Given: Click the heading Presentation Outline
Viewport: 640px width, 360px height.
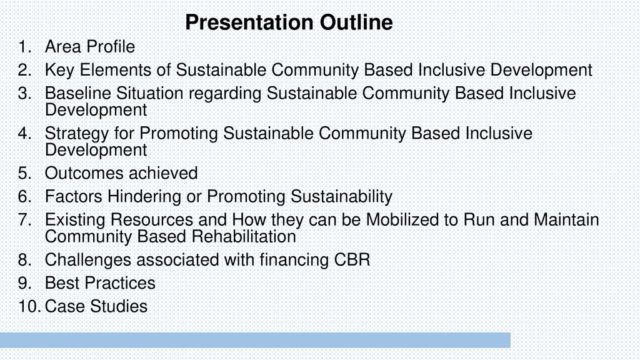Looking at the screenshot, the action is [x=289, y=22].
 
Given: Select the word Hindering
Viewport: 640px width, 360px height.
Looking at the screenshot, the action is [x=144, y=197].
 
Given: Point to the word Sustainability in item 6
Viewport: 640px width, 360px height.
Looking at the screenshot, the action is [x=341, y=197].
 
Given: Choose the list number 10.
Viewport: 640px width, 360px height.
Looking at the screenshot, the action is [x=29, y=306].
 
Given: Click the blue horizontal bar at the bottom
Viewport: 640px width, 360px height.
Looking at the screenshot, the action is [x=255, y=340].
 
